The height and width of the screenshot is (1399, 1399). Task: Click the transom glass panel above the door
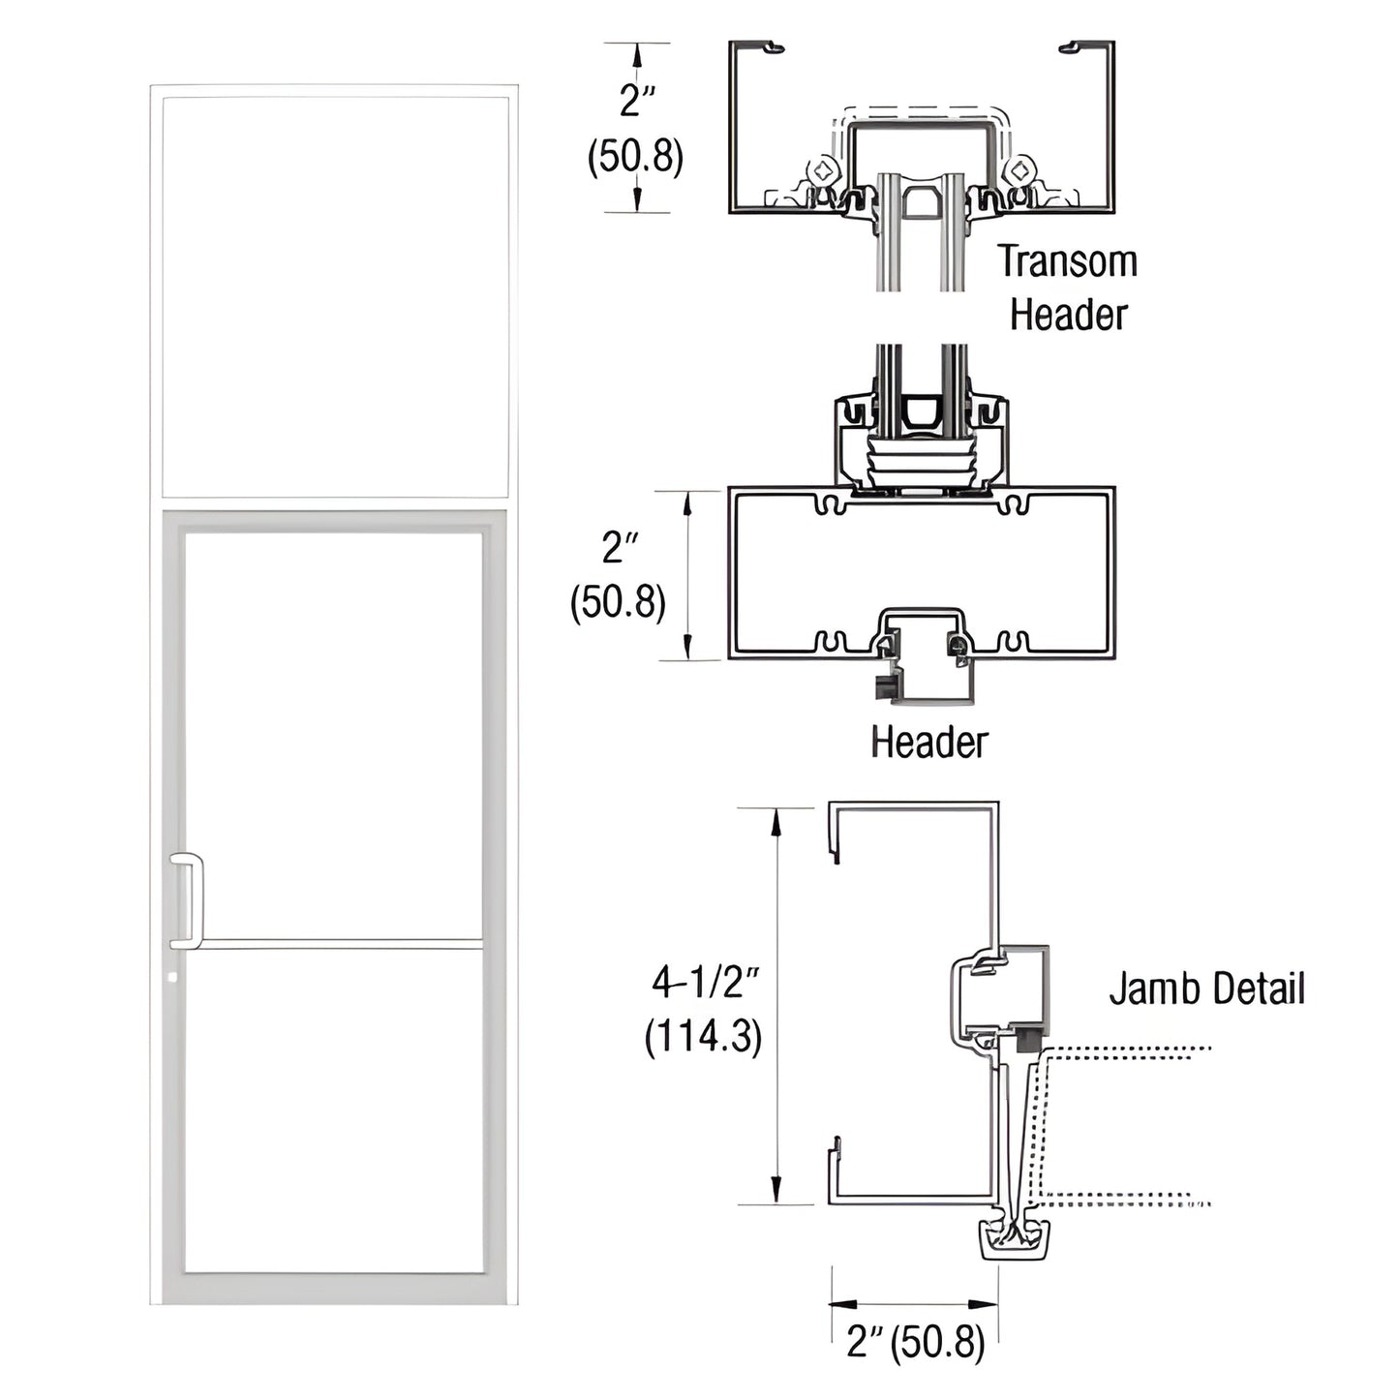click(x=334, y=295)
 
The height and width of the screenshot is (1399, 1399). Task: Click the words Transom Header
click(x=1067, y=289)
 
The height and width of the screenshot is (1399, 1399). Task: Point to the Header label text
click(x=928, y=743)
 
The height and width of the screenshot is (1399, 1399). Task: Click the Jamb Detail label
click(x=1206, y=988)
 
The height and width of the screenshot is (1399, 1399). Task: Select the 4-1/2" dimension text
click(x=704, y=984)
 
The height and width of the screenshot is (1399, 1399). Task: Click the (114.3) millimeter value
click(x=704, y=1038)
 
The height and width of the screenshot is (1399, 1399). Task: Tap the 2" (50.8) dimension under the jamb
click(x=915, y=1343)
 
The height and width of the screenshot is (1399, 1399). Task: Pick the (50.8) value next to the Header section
click(x=618, y=603)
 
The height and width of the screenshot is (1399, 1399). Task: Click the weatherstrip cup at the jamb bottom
click(x=1016, y=1240)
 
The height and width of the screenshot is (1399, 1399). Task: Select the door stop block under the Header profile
click(x=925, y=678)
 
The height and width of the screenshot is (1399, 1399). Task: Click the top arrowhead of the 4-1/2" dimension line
click(x=776, y=821)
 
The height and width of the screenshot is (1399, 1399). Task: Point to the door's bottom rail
click(x=334, y=1288)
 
